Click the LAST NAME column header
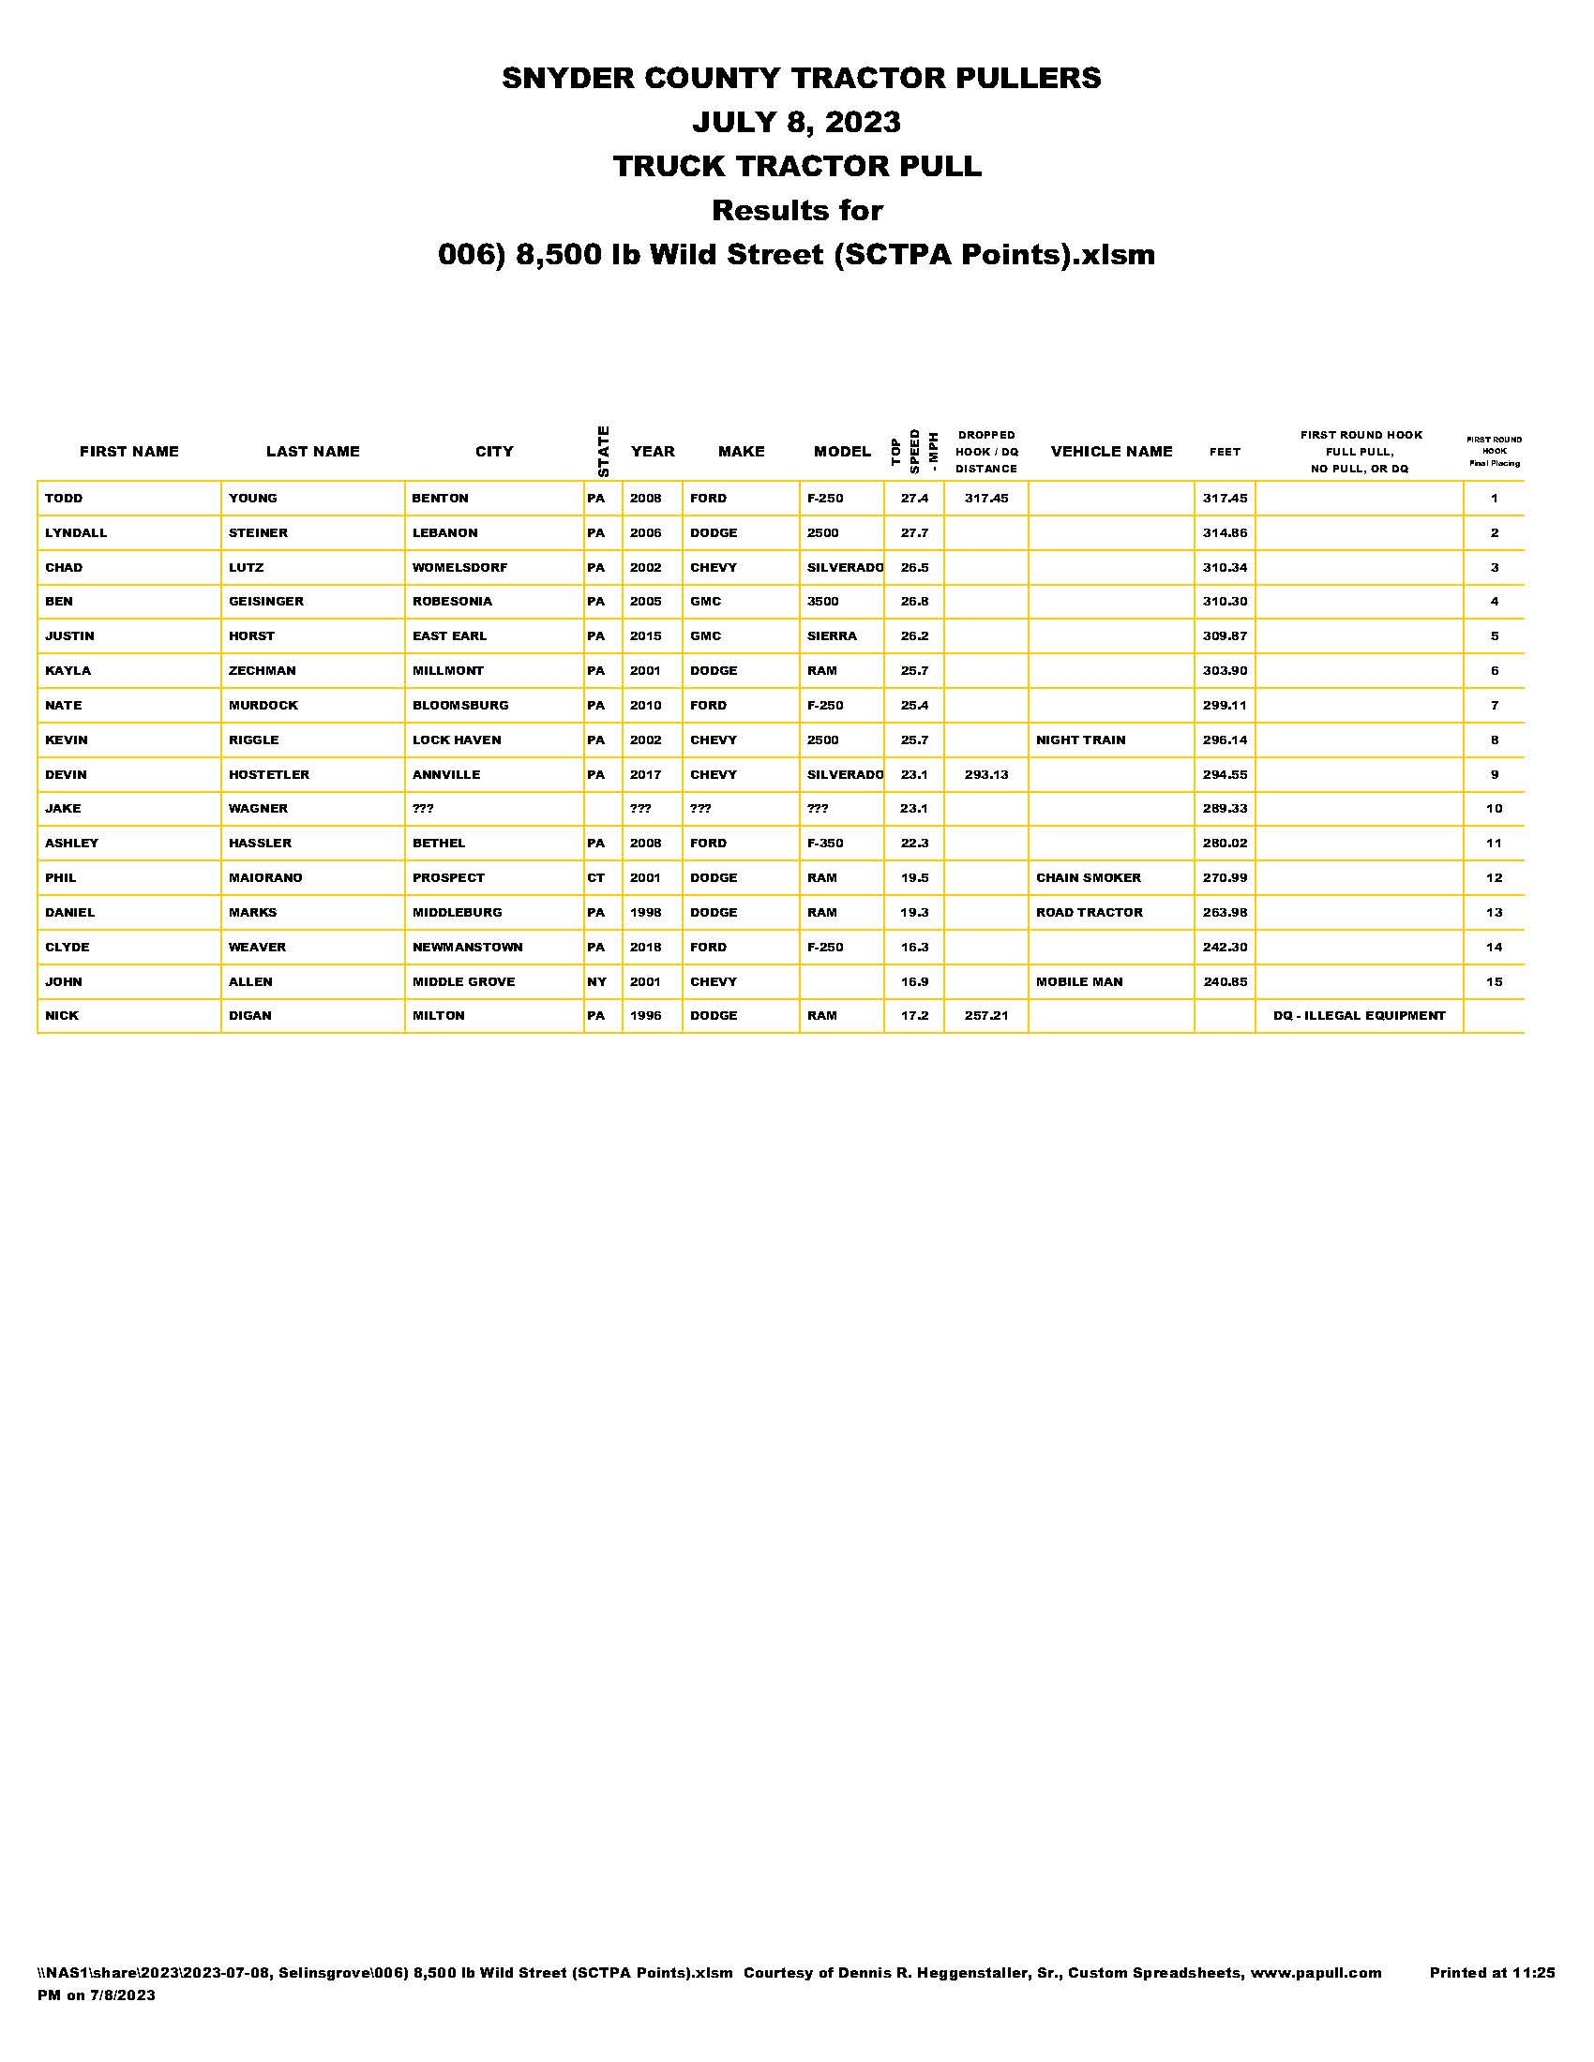coord(312,452)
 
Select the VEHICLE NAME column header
coord(1110,452)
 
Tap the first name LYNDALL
coord(77,532)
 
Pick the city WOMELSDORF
coord(459,567)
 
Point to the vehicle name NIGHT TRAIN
coord(1080,740)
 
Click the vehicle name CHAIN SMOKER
coord(1088,878)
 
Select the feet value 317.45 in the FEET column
coord(1225,499)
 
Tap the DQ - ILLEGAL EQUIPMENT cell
coord(1359,1016)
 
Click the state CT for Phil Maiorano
coord(595,878)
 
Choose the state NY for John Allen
coord(596,982)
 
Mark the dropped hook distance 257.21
coord(985,1016)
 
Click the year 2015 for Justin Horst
coord(646,636)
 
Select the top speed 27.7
coord(914,532)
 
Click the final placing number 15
coord(1494,982)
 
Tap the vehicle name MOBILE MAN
coord(1079,982)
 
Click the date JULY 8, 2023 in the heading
coord(797,122)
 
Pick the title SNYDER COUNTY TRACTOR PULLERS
coord(801,78)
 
